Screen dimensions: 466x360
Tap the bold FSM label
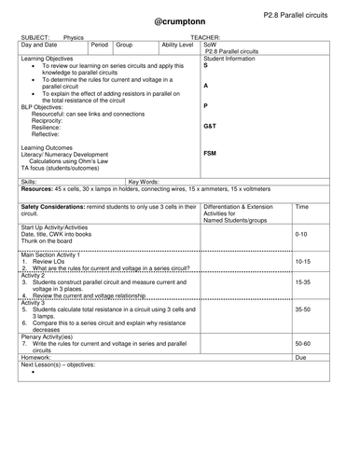[x=211, y=153]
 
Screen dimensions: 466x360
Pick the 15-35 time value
[x=302, y=281]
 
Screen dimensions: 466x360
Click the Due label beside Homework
[x=300, y=357]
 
